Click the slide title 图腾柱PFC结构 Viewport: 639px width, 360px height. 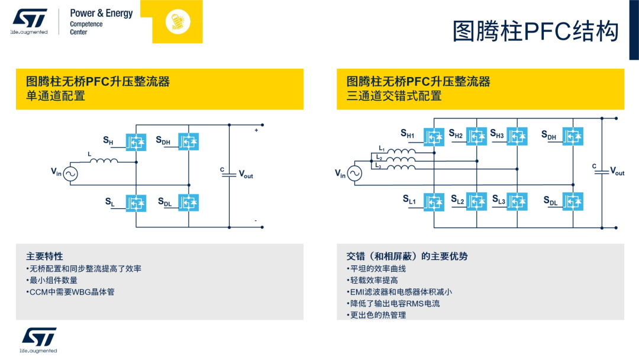535,31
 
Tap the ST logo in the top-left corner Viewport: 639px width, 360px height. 29,19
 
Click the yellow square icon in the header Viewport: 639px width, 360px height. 177,21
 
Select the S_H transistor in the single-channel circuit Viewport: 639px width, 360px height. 136,142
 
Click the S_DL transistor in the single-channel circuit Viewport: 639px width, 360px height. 189,202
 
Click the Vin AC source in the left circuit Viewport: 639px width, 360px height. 70,173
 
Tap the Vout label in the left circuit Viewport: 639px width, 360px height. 246,175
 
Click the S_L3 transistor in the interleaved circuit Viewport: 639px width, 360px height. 517,202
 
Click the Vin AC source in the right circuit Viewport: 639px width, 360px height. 354,173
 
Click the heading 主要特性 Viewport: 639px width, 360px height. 44,256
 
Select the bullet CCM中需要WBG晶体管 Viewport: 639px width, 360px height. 70,292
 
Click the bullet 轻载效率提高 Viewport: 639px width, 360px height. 372,280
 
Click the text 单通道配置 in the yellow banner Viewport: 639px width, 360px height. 56,96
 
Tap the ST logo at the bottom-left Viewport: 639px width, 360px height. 39,337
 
